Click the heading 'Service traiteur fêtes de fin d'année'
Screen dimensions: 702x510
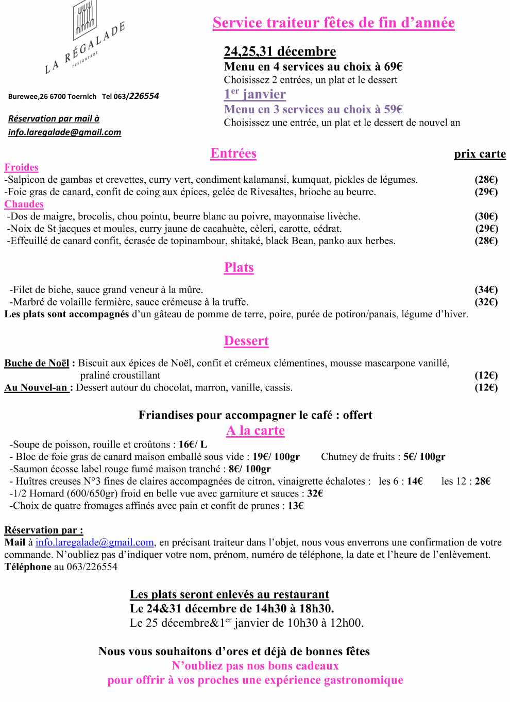[x=333, y=23]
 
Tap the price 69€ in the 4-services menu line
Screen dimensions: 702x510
[x=393, y=66]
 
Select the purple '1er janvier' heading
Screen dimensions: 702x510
[x=254, y=94]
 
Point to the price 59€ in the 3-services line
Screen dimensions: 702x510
[x=393, y=109]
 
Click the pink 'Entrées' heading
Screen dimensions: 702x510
[x=233, y=153]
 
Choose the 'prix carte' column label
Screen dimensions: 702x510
[x=480, y=154]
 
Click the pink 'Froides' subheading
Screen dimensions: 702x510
[x=22, y=167]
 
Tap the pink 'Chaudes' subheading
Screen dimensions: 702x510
[x=24, y=204]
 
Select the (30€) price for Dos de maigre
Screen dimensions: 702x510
[x=486, y=216]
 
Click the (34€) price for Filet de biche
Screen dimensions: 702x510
[x=486, y=290]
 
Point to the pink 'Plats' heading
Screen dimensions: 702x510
[x=239, y=268]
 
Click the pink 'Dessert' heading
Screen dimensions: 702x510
[x=246, y=341]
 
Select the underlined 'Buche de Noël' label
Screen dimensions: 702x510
[x=37, y=363]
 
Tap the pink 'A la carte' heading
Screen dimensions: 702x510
[x=256, y=431]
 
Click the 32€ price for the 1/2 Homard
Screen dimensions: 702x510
[x=315, y=493]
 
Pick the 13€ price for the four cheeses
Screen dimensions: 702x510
[x=296, y=506]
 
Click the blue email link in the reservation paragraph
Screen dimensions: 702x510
[x=95, y=542]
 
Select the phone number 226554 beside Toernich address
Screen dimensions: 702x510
[x=144, y=96]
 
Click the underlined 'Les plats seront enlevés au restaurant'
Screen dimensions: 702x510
[x=229, y=594]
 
